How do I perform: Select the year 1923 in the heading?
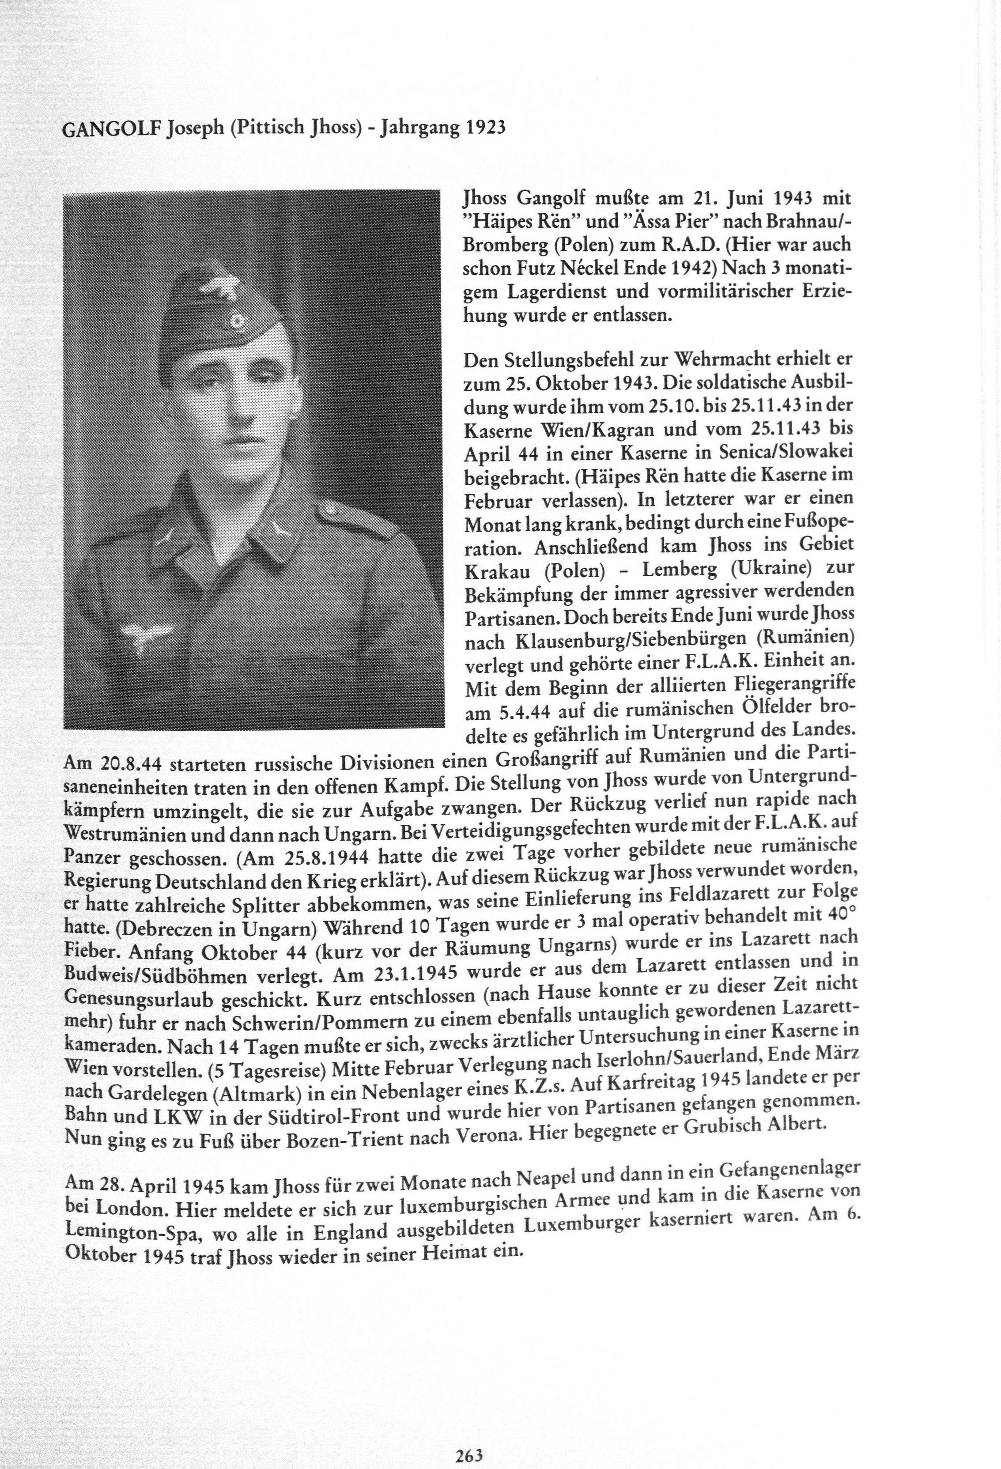click(x=485, y=128)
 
